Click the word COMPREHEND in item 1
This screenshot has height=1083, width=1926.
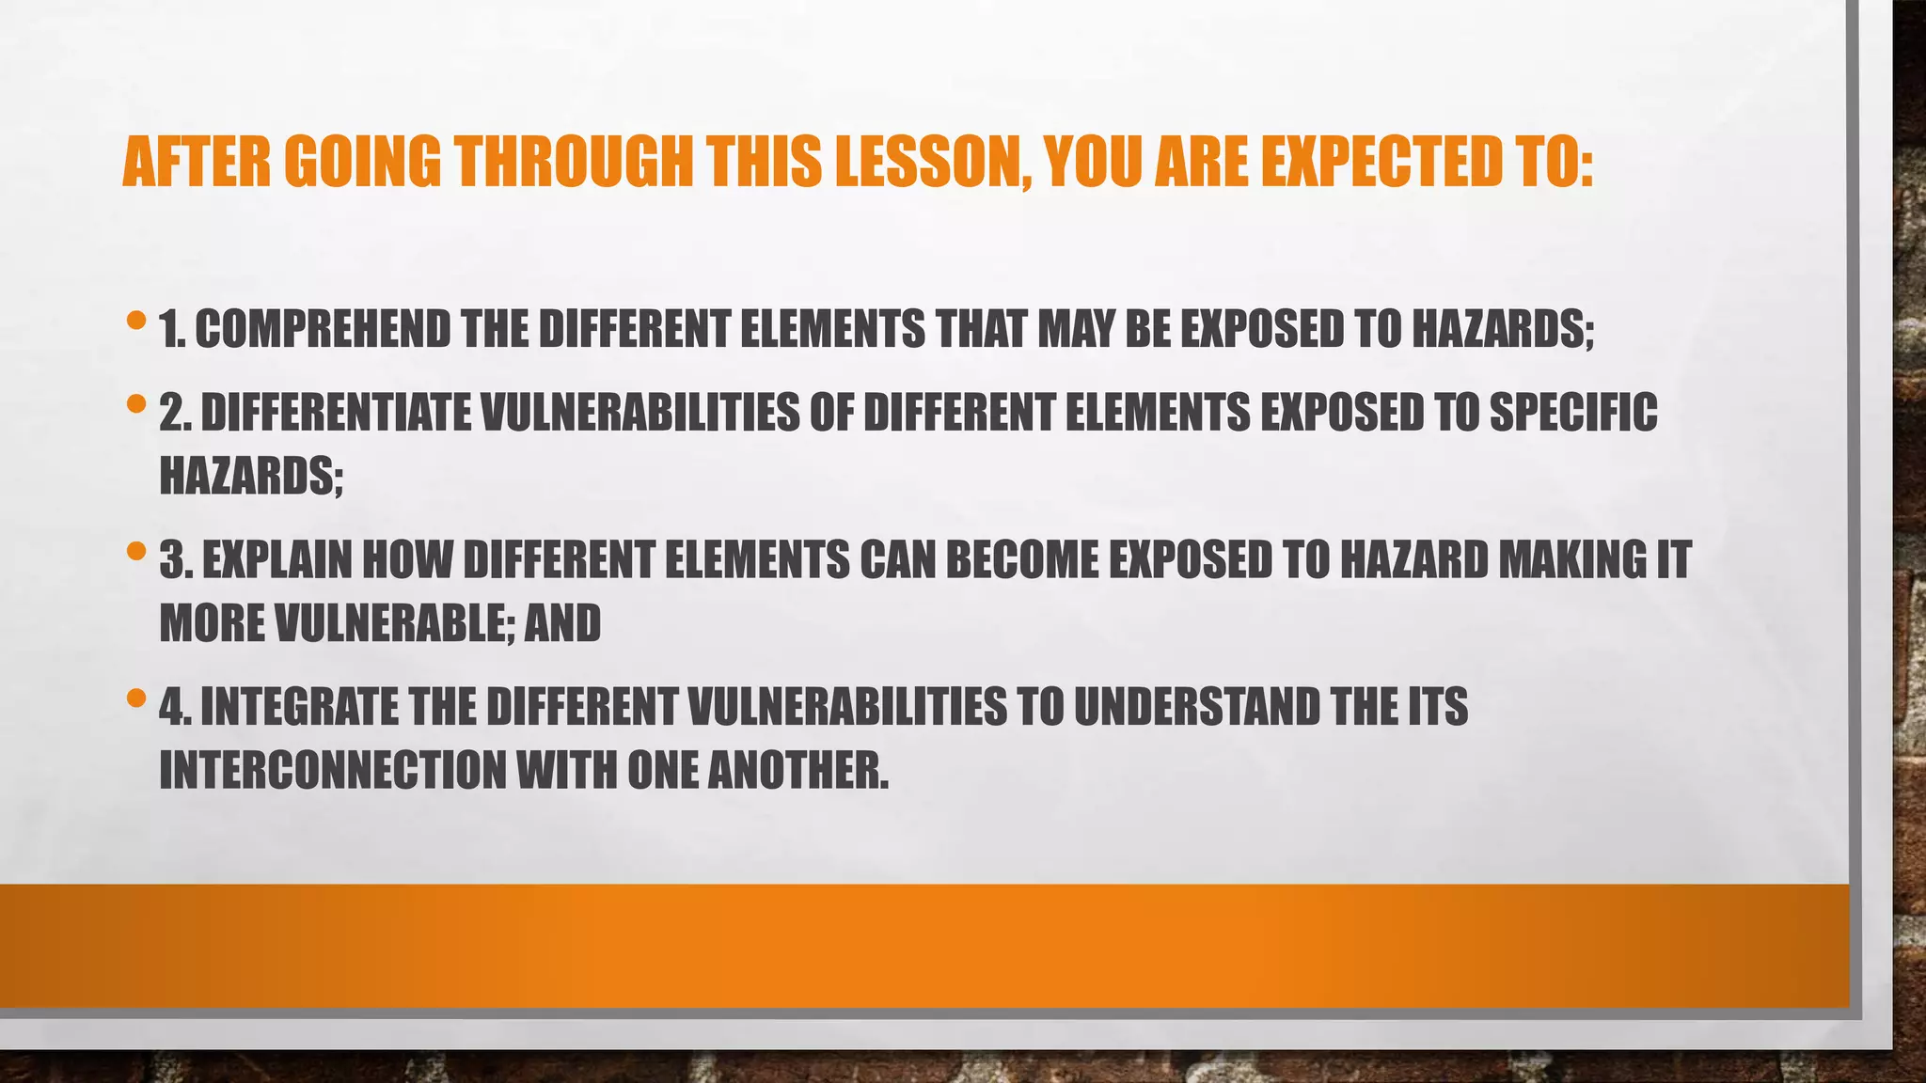tap(323, 329)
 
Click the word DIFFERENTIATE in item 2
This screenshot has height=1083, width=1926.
tap(336, 413)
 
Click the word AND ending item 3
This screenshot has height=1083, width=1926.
tap(562, 623)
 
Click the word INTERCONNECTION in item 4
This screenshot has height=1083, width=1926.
tap(333, 771)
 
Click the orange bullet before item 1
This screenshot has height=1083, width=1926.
tap(136, 322)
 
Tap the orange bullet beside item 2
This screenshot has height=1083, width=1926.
tap(136, 405)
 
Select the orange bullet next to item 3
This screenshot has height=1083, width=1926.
tap(136, 552)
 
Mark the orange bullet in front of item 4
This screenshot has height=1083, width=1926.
tap(136, 698)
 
